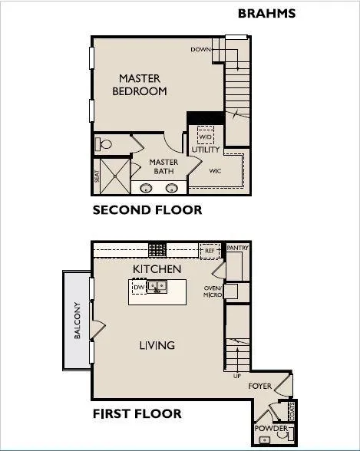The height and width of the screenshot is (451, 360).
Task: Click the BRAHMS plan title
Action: click(266, 13)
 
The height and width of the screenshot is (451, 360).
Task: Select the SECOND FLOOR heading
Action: click(147, 210)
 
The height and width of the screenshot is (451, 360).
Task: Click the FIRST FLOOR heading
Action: click(137, 414)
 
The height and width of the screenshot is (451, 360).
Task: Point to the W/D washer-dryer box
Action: click(205, 136)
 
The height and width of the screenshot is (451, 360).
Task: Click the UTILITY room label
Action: click(206, 150)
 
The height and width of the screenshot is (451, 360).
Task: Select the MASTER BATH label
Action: click(163, 166)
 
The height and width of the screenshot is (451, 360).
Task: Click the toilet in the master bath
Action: click(104, 143)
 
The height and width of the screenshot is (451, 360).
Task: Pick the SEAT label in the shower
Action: click(97, 176)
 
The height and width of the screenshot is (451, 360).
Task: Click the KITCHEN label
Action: click(157, 269)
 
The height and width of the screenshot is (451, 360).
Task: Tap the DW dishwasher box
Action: click(138, 288)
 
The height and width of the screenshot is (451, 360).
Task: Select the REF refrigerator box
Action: click(208, 250)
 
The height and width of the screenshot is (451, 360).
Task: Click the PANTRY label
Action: click(237, 249)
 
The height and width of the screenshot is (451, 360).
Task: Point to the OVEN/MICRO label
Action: click(213, 292)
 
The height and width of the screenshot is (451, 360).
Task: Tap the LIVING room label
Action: click(157, 345)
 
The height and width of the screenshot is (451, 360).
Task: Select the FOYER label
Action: click(260, 387)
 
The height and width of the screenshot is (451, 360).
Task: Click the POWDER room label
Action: click(271, 428)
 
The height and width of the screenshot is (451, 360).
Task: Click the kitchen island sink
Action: click(157, 288)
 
